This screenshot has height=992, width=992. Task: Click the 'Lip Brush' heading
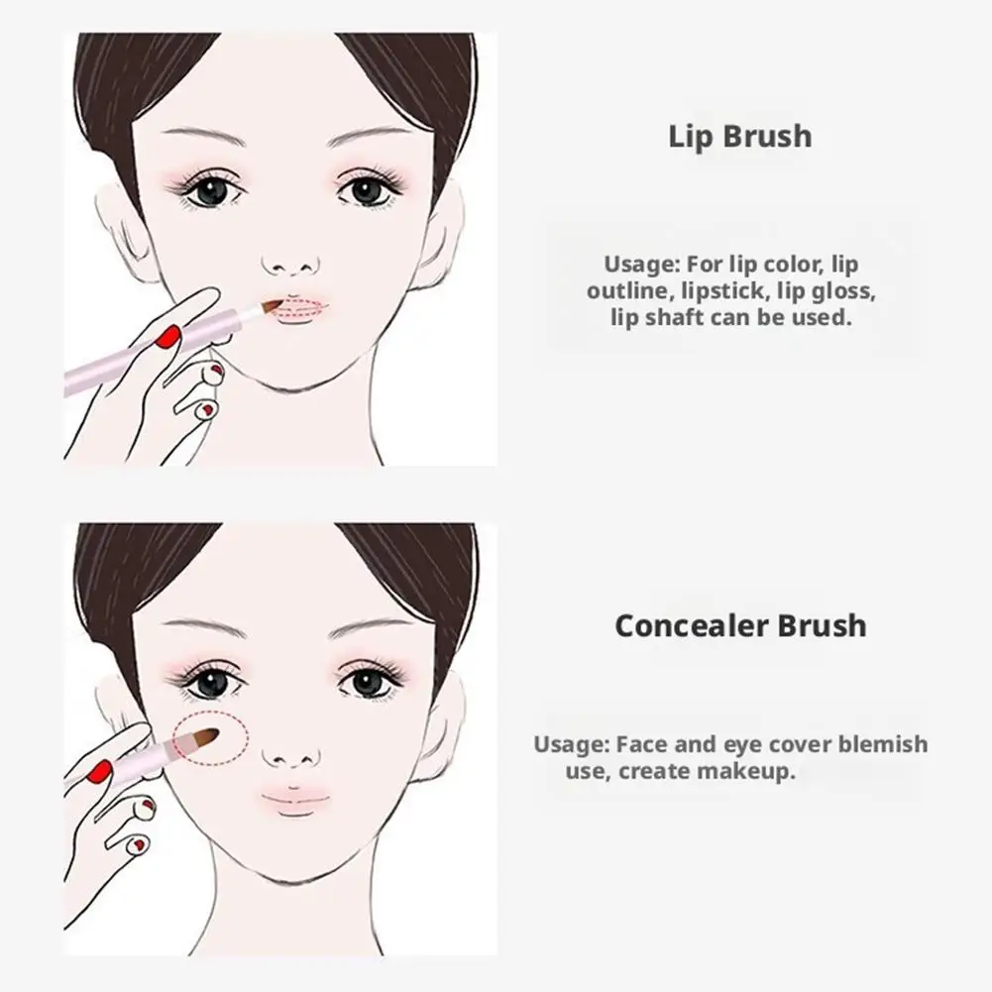click(739, 136)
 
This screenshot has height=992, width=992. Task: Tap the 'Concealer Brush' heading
click(739, 626)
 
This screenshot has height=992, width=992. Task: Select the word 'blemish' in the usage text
click(879, 744)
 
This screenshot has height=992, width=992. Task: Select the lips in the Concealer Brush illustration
click(295, 799)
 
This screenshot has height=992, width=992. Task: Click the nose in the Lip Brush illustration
click(290, 264)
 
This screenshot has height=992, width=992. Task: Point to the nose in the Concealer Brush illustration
click(290, 756)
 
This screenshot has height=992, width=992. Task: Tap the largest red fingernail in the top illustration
click(170, 336)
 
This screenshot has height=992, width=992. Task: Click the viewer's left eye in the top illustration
click(210, 189)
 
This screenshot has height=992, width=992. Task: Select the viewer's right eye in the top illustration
click(369, 189)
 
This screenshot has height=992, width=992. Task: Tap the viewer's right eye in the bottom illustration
click(369, 682)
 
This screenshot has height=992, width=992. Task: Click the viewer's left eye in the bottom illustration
click(210, 682)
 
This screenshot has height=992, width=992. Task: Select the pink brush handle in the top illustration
click(149, 352)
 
